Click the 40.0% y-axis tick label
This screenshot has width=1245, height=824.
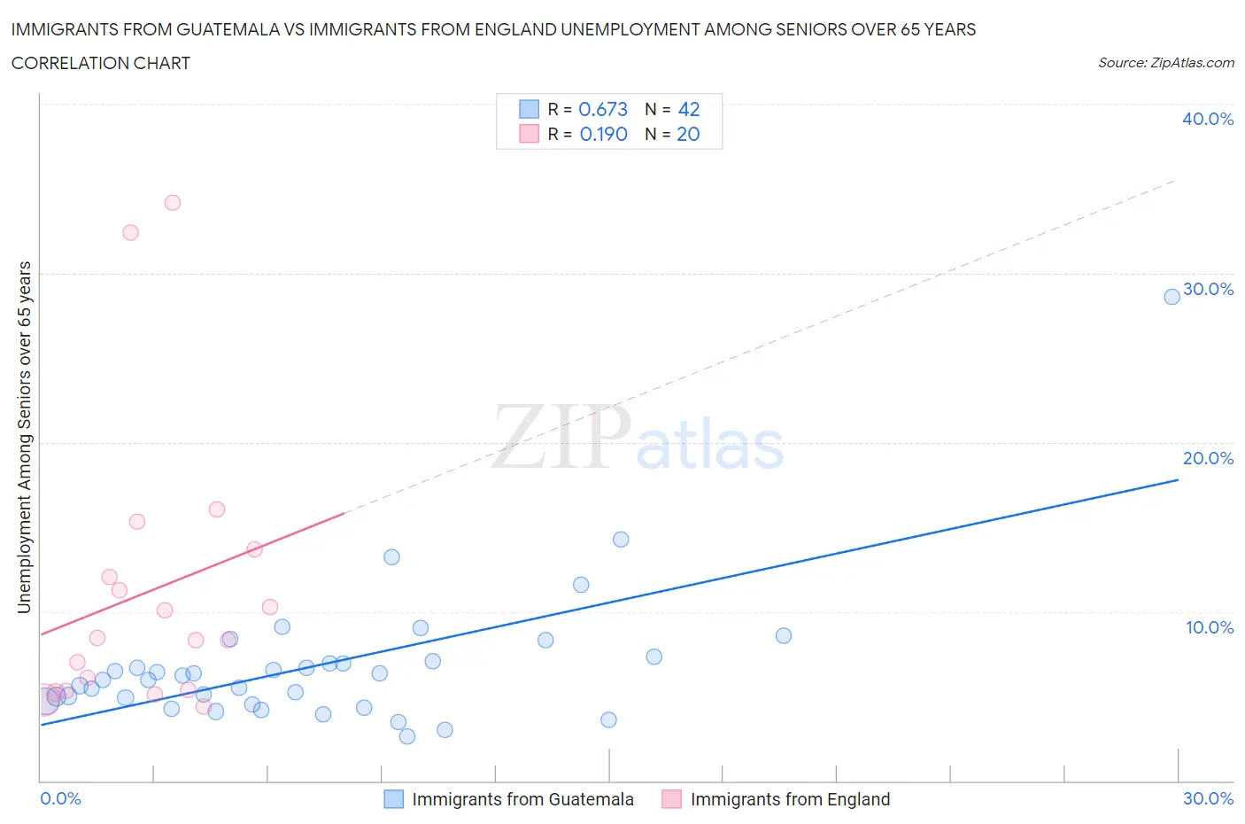pyautogui.click(x=1208, y=119)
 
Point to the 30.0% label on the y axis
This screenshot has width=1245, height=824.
pyautogui.click(x=1208, y=289)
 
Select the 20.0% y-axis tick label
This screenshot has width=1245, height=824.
pyautogui.click(x=1208, y=458)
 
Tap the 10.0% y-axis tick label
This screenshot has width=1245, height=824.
pyautogui.click(x=1209, y=627)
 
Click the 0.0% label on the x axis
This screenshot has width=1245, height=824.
pyautogui.click(x=61, y=798)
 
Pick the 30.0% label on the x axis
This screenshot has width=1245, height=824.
pyautogui.click(x=1208, y=798)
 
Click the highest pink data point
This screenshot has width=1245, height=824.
pyautogui.click(x=173, y=203)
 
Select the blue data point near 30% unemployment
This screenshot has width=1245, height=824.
pyautogui.click(x=1172, y=297)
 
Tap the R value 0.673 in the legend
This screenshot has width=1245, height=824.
pyautogui.click(x=603, y=109)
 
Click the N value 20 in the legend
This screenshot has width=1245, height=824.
pyautogui.click(x=688, y=134)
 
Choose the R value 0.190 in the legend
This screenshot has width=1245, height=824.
pyautogui.click(x=603, y=134)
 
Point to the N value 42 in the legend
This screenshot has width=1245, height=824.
pyautogui.click(x=689, y=109)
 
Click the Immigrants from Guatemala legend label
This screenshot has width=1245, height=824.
pyautogui.click(x=522, y=799)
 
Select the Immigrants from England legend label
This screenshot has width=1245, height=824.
pyautogui.click(x=790, y=799)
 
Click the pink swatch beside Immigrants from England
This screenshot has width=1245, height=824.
pyautogui.click(x=672, y=799)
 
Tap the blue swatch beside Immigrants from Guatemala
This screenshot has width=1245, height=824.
pyautogui.click(x=394, y=799)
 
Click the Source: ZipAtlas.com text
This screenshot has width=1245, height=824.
pyautogui.click(x=1165, y=63)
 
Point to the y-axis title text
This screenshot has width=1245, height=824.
pyautogui.click(x=25, y=437)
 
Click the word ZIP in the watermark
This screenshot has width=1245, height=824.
pyautogui.click(x=561, y=437)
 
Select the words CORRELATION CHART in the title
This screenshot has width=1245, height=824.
pyautogui.click(x=101, y=63)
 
